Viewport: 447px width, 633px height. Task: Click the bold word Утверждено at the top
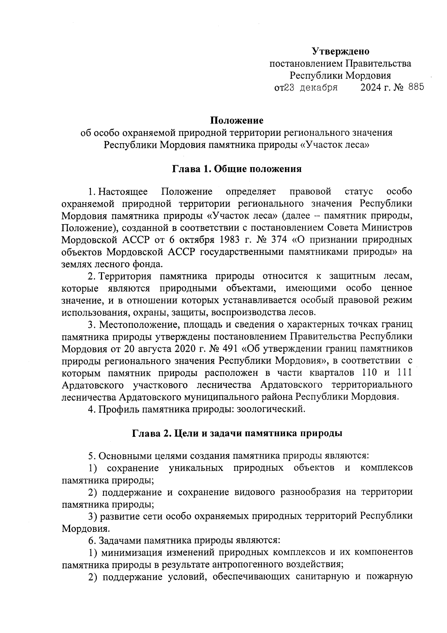[x=340, y=51]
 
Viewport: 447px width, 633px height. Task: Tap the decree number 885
[x=416, y=87]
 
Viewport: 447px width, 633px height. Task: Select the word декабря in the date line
[x=319, y=88]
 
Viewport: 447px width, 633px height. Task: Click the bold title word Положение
[x=237, y=120]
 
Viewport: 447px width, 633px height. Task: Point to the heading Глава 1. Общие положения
[x=237, y=169]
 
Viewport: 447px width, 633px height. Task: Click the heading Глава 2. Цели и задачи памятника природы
[x=237, y=433]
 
